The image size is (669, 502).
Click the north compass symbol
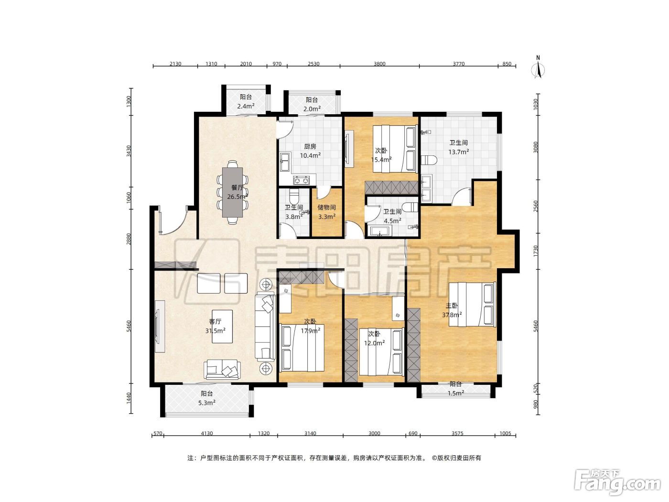click(x=538, y=68)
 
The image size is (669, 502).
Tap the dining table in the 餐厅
click(x=232, y=192)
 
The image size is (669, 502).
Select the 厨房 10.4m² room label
click(x=310, y=151)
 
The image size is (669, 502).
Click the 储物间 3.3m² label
click(x=327, y=212)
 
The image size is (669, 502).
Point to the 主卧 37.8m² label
click(x=452, y=310)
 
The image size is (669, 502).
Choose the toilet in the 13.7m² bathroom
click(x=429, y=160)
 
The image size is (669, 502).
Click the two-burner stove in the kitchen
click(x=301, y=180)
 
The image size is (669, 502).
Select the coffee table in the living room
click(x=222, y=326)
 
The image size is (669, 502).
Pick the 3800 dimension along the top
click(x=379, y=64)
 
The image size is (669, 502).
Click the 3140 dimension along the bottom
click(x=310, y=433)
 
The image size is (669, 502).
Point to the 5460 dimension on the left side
click(x=129, y=326)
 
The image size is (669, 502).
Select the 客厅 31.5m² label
click(x=215, y=326)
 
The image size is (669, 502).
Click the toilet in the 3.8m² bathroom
click(x=294, y=196)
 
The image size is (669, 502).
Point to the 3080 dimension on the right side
click(x=536, y=147)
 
